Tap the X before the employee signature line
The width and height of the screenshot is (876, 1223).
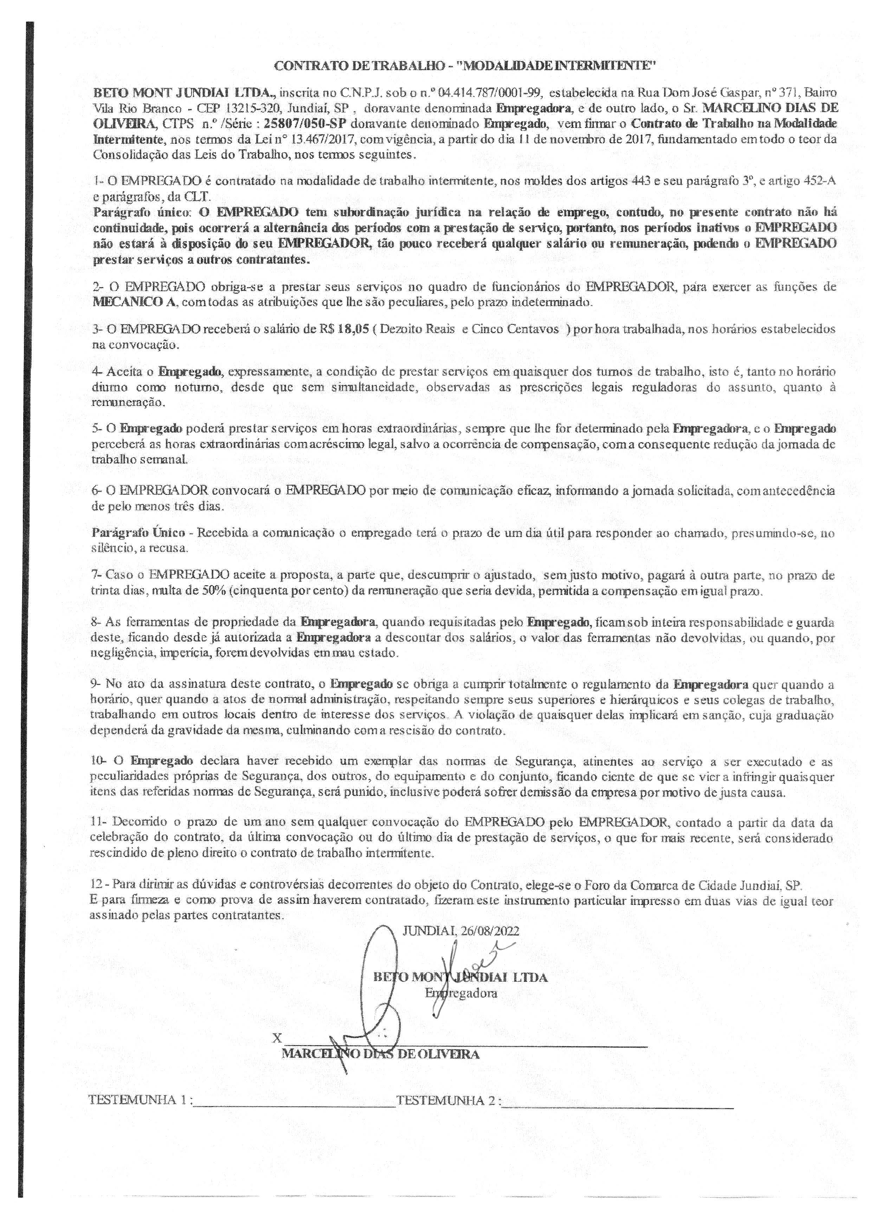coord(278,1038)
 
